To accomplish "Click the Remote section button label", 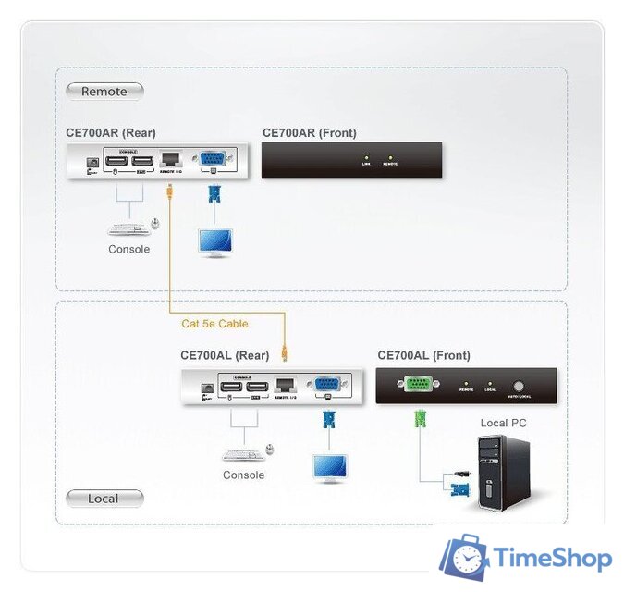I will pyautogui.click(x=104, y=91).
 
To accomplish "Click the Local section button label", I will pyautogui.click(x=104, y=499).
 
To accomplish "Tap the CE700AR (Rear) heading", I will pyautogui.click(x=116, y=133).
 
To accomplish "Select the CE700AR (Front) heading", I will pyautogui.click(x=309, y=133).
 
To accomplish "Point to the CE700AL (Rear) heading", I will pyautogui.click(x=225, y=354).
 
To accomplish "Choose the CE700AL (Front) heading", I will pyautogui.click(x=423, y=355).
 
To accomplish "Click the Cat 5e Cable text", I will pyautogui.click(x=214, y=324).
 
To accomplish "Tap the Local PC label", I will pyautogui.click(x=503, y=423).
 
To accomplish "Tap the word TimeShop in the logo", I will pyautogui.click(x=553, y=558).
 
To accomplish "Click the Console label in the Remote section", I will pyautogui.click(x=128, y=249).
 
